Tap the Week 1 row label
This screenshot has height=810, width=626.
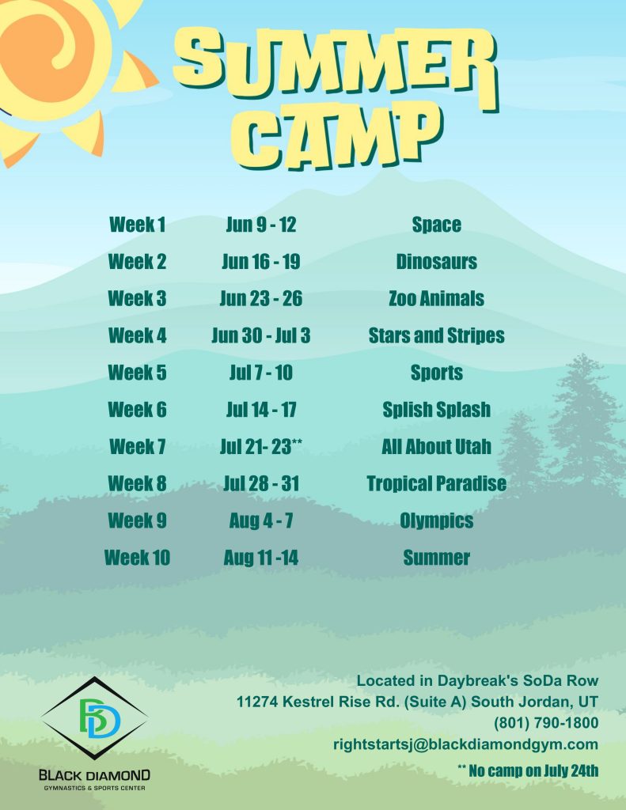pos(137,225)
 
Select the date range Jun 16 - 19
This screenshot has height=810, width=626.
pos(261,261)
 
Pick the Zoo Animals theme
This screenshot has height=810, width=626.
pos(436,298)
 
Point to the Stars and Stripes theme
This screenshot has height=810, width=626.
pos(436,335)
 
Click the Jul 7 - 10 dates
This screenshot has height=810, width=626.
pos(261,373)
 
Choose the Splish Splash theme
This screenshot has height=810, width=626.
pos(436,410)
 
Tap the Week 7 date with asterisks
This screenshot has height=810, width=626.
pos(261,446)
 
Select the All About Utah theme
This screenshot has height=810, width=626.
pos(436,446)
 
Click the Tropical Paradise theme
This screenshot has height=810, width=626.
pos(436,483)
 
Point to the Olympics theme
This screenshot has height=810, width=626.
pos(436,520)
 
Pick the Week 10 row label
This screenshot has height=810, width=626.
pos(137,558)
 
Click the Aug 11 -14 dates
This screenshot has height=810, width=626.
pos(261,558)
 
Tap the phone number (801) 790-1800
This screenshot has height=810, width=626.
pos(546,723)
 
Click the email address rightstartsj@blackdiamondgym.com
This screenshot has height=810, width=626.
pos(466,744)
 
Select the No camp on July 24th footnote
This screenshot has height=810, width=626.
pos(528,770)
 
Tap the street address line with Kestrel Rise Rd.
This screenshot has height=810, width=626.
pos(417,702)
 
